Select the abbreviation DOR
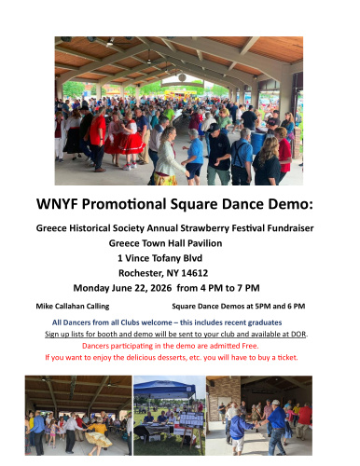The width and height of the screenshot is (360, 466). pyautogui.click(x=298, y=334)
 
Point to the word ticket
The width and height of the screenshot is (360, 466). pyautogui.click(x=292, y=356)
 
